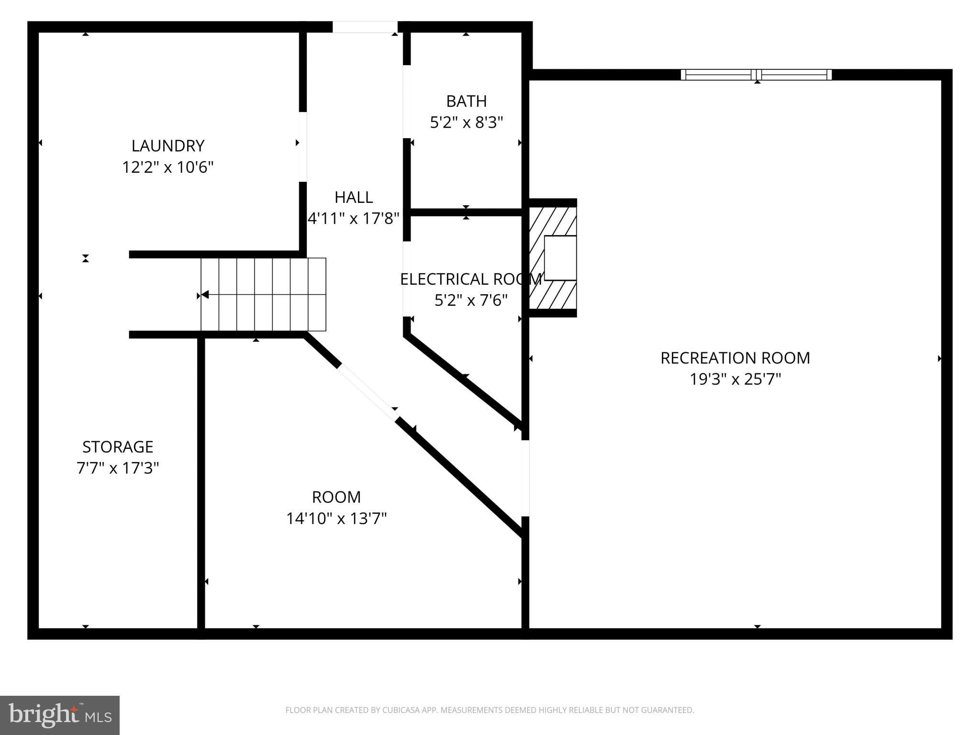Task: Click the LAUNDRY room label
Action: click(x=168, y=145)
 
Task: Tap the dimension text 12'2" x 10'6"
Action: click(x=168, y=167)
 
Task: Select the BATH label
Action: click(x=466, y=101)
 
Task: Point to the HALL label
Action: click(x=354, y=197)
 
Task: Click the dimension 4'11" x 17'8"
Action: click(x=354, y=219)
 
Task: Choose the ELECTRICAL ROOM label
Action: click(x=471, y=279)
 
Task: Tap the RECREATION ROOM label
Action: click(x=735, y=358)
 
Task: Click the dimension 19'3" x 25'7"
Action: click(x=735, y=379)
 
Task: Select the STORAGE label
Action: click(x=118, y=446)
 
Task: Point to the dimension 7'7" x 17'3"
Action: click(x=118, y=468)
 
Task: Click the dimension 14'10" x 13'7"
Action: click(x=336, y=518)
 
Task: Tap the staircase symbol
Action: click(x=263, y=294)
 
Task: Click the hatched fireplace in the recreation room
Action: click(x=553, y=258)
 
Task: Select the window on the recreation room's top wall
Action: click(x=756, y=75)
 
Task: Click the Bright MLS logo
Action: click(x=60, y=715)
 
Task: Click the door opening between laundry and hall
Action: click(x=302, y=147)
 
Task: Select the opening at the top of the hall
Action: click(x=365, y=27)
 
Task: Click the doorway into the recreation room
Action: click(x=525, y=478)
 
